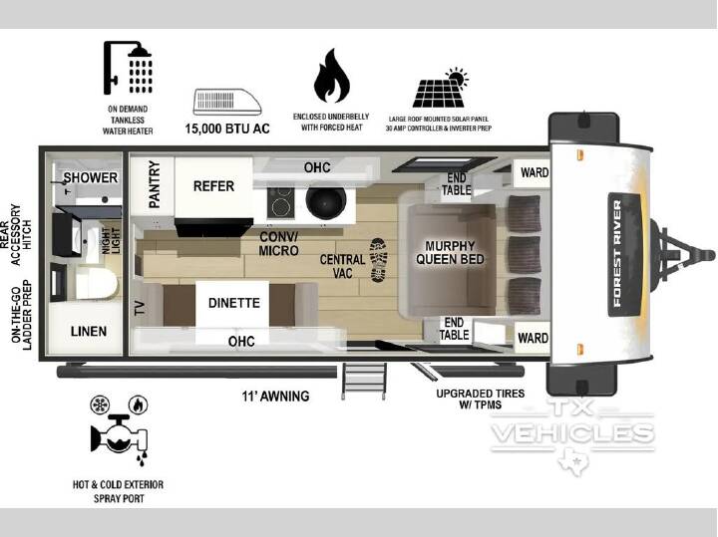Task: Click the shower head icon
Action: [x=128, y=68]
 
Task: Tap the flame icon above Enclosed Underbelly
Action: [x=332, y=76]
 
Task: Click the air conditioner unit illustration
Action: [x=227, y=102]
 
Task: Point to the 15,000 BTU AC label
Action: [x=227, y=129]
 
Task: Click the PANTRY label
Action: [x=155, y=184]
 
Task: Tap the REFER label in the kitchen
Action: [x=213, y=186]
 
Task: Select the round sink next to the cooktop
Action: [x=326, y=201]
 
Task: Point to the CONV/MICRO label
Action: [x=278, y=244]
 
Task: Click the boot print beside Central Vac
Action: [x=379, y=260]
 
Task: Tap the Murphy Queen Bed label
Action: [x=450, y=252]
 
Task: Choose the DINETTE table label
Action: [x=234, y=303]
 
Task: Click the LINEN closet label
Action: [x=89, y=331]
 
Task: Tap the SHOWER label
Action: [x=90, y=177]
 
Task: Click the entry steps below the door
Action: [x=364, y=381]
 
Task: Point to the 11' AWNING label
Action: [x=275, y=396]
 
